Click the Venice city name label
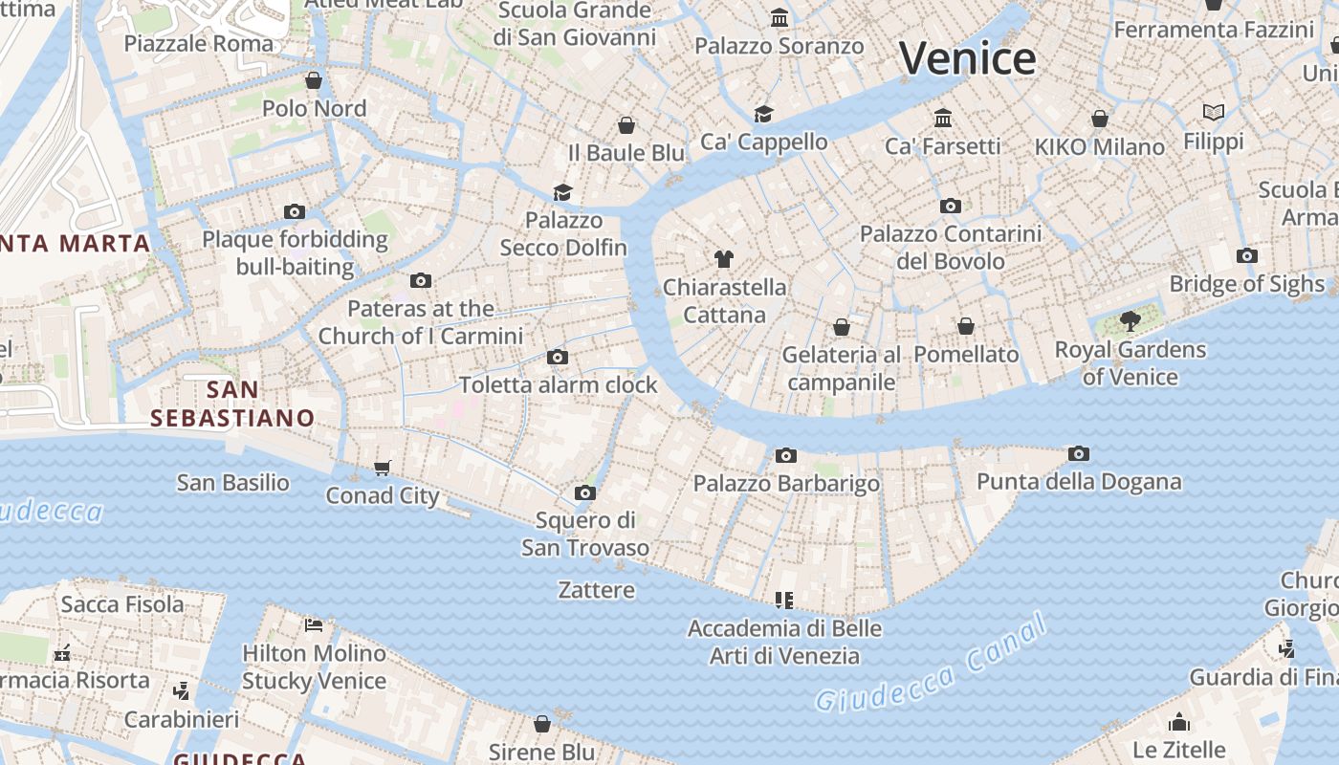(x=967, y=58)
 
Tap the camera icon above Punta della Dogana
(x=1079, y=453)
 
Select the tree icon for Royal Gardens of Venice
(x=1130, y=320)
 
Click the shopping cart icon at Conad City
(x=383, y=468)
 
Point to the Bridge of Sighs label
(x=1247, y=284)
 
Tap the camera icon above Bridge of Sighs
(x=1246, y=255)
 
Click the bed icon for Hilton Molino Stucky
(x=314, y=625)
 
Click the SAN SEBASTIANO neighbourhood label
(x=232, y=404)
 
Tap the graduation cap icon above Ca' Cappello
(x=763, y=115)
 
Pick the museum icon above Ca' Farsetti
(x=943, y=118)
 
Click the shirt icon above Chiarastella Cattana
(x=724, y=259)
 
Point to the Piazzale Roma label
(x=199, y=44)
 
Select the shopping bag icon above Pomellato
(x=966, y=326)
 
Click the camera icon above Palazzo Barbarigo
(x=786, y=455)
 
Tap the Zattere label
(x=597, y=590)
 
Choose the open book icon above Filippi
(x=1214, y=113)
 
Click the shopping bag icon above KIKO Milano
(x=1100, y=119)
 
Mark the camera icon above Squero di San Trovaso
(x=585, y=493)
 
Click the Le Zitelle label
(x=1178, y=749)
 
